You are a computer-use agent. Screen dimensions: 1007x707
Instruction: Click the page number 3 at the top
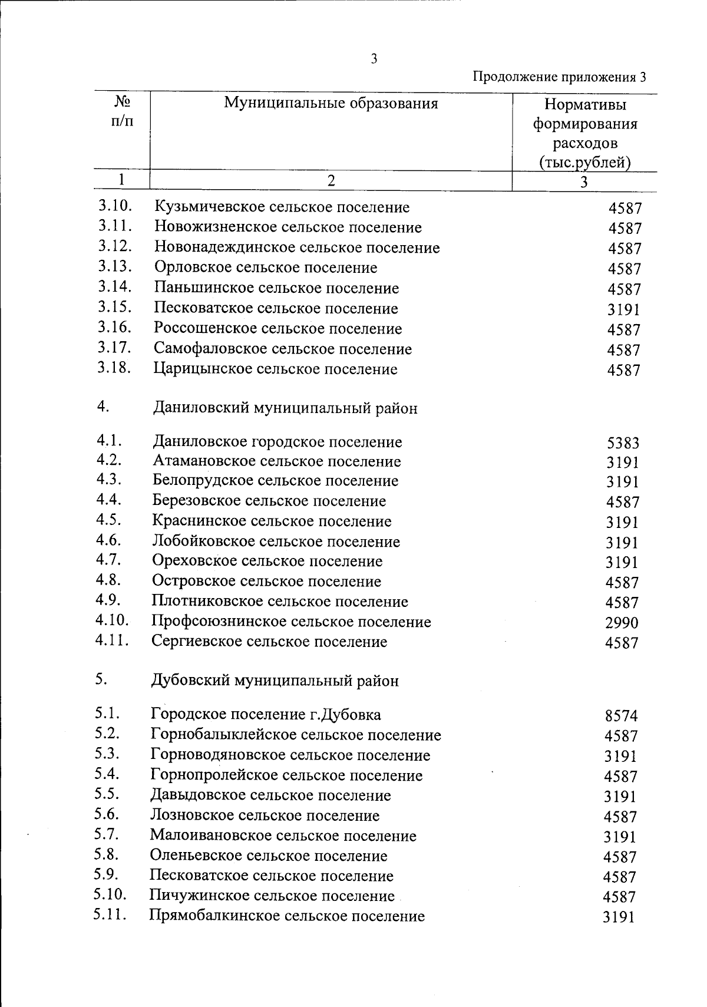coord(374,58)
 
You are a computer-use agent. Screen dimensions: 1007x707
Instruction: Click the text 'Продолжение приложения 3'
coord(560,77)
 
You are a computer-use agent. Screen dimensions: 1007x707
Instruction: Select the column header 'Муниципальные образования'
coord(331,104)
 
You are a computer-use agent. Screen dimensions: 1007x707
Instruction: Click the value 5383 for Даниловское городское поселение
coord(623,443)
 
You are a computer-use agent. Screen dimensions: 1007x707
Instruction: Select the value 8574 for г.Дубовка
coord(621,716)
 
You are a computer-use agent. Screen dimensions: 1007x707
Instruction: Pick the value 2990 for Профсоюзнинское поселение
coord(622,623)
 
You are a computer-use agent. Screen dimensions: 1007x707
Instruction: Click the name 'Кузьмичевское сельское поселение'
coord(282,207)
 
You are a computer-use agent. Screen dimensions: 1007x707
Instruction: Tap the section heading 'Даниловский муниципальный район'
coord(285,408)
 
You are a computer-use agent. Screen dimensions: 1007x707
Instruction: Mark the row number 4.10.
coord(112,620)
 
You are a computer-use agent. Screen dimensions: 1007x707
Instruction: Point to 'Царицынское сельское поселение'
coord(275,369)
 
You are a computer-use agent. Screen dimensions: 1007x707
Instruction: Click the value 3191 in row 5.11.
coord(619,917)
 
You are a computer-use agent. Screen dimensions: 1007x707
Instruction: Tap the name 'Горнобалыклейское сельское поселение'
coord(296,735)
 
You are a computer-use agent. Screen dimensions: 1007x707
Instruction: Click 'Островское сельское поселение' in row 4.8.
coord(266,582)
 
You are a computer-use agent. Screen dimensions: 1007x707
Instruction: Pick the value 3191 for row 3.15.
coord(624,309)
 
